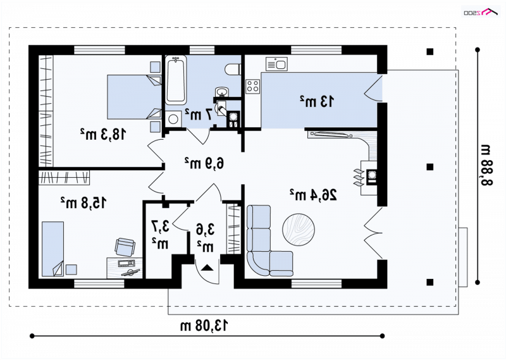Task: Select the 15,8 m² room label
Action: (x=83, y=202)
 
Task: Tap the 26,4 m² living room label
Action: (x=313, y=195)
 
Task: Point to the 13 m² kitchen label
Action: (x=317, y=101)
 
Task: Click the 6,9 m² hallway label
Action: (x=204, y=163)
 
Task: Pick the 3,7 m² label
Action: (x=160, y=235)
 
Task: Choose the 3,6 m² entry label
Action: (x=205, y=238)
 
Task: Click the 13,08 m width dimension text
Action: (x=204, y=325)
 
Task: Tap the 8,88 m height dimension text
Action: (x=486, y=165)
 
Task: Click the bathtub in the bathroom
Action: (x=176, y=80)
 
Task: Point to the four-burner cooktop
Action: (x=252, y=86)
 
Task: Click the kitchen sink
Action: (x=276, y=64)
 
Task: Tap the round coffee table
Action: (x=299, y=230)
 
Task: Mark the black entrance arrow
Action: (x=207, y=268)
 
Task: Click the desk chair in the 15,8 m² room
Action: (x=125, y=247)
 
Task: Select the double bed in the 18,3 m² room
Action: (x=134, y=97)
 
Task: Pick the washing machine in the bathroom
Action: (x=173, y=119)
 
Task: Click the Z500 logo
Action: (x=481, y=12)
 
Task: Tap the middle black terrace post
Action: (x=430, y=166)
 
